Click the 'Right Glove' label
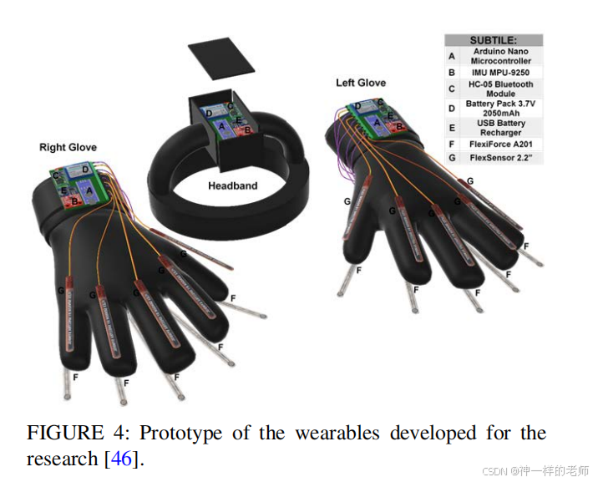coord(68,147)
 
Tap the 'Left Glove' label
coord(361,83)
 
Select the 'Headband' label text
coord(232,185)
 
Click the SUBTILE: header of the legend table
coord(493,40)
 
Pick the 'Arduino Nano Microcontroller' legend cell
coord(501,56)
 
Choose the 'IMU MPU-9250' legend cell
coord(501,73)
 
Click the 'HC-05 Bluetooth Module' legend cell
coord(501,89)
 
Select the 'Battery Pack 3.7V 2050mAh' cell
coord(501,109)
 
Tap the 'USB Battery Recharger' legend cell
coord(501,128)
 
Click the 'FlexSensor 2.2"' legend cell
coord(501,157)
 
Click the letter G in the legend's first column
coord(452,157)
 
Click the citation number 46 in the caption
coord(121,459)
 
